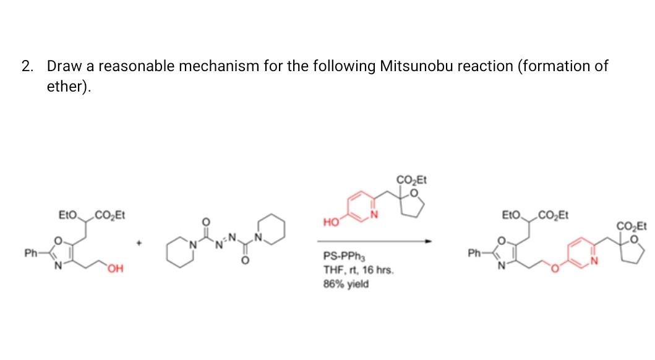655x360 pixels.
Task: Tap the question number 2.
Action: tap(26, 66)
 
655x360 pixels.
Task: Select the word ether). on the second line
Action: tap(69, 87)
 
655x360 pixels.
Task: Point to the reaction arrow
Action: tap(375, 241)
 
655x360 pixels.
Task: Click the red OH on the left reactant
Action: tap(114, 267)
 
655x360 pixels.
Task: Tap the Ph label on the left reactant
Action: tap(29, 252)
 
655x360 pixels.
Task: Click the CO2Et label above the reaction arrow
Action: tap(411, 181)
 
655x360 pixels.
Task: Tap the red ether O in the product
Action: tap(555, 268)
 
